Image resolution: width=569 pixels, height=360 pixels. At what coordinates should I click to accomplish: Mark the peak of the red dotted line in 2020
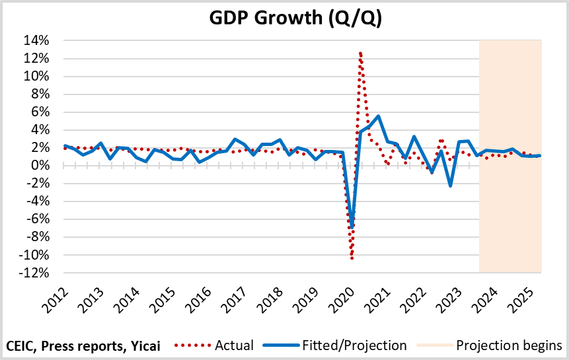(x=360, y=52)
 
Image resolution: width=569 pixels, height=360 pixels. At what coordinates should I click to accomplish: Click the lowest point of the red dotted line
(x=352, y=258)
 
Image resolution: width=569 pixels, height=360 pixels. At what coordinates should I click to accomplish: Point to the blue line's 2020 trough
(x=352, y=227)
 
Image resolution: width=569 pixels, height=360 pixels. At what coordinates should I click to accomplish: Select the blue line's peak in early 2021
(x=378, y=116)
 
